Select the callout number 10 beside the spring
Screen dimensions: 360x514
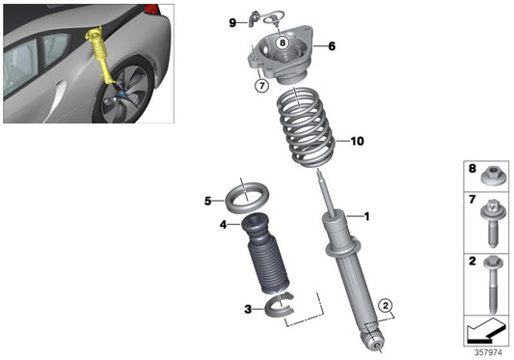pyautogui.click(x=357, y=141)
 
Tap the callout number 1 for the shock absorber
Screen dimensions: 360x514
pyautogui.click(x=365, y=217)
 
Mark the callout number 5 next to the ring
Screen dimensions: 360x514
pyautogui.click(x=207, y=201)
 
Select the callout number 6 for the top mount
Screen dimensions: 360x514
pyautogui.click(x=332, y=45)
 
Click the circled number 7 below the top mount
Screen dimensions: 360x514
pyautogui.click(x=260, y=86)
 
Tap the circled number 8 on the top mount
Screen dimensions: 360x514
pyautogui.click(x=282, y=42)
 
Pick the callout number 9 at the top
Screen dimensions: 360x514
pyautogui.click(x=232, y=21)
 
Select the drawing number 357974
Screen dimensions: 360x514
pyautogui.click(x=489, y=352)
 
